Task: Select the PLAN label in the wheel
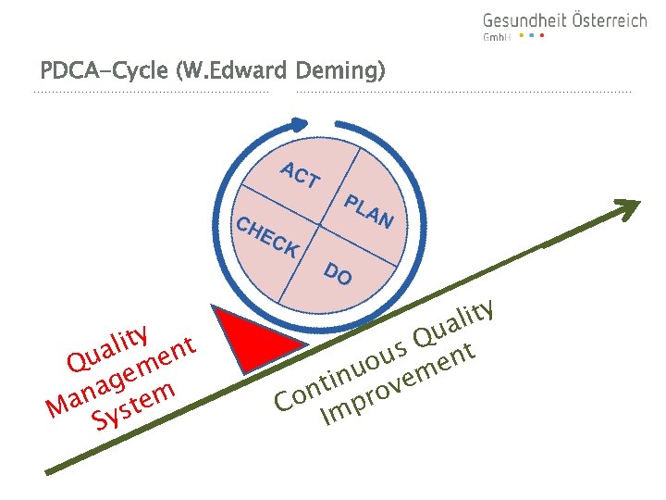[x=369, y=211]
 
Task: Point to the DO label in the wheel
[x=338, y=273]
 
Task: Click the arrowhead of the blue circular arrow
[x=298, y=123]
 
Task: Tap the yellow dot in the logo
[x=521, y=36]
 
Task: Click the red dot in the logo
[x=542, y=36]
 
